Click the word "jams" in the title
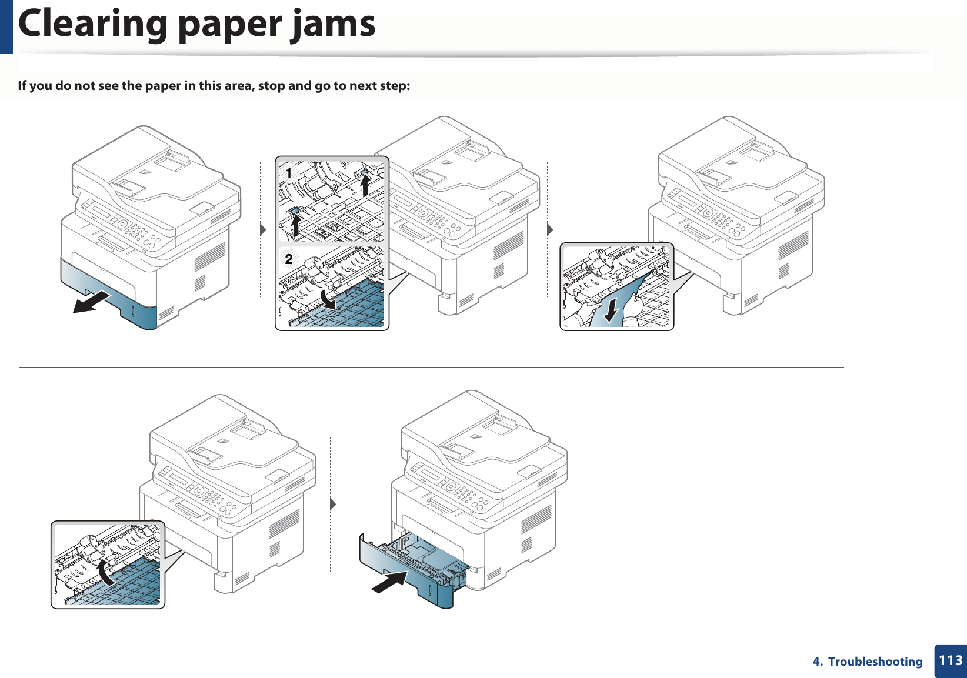[332, 25]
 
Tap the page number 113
[951, 660]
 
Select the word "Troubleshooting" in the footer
[875, 662]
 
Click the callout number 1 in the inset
[288, 173]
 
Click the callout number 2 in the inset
[288, 259]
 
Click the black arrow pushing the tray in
[390, 582]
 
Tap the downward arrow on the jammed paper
[612, 310]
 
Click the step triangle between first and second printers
[263, 229]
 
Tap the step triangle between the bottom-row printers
[333, 505]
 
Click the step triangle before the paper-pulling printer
[550, 229]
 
